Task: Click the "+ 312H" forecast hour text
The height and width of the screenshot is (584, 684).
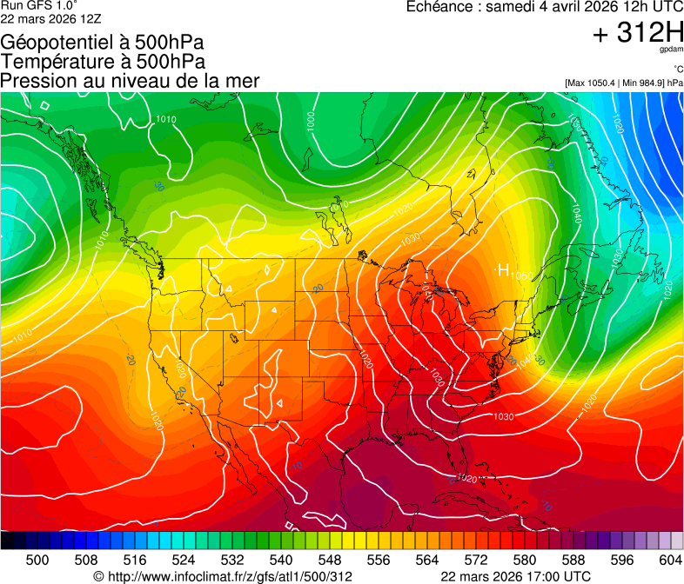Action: (638, 34)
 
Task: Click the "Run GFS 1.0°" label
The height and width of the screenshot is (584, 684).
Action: (39, 5)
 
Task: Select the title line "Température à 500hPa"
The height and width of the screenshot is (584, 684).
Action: (103, 62)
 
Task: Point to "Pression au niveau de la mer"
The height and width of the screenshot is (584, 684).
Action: (130, 81)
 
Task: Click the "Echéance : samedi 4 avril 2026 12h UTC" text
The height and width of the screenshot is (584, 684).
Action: (545, 7)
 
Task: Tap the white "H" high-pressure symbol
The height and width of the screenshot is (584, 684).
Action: (502, 271)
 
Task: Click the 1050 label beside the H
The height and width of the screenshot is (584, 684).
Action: (521, 275)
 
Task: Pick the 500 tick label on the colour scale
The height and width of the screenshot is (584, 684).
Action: (37, 561)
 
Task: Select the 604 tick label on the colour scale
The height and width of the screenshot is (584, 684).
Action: (671, 561)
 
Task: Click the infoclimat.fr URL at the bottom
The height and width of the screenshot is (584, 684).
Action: (223, 576)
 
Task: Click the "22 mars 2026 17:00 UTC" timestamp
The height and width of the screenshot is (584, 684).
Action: (516, 576)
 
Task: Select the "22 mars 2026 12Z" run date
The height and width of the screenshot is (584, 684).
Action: (41, 17)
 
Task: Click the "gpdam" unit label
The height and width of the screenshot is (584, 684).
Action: (671, 50)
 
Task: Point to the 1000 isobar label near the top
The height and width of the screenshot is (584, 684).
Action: (311, 121)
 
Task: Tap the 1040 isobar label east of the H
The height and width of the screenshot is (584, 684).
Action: (576, 212)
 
